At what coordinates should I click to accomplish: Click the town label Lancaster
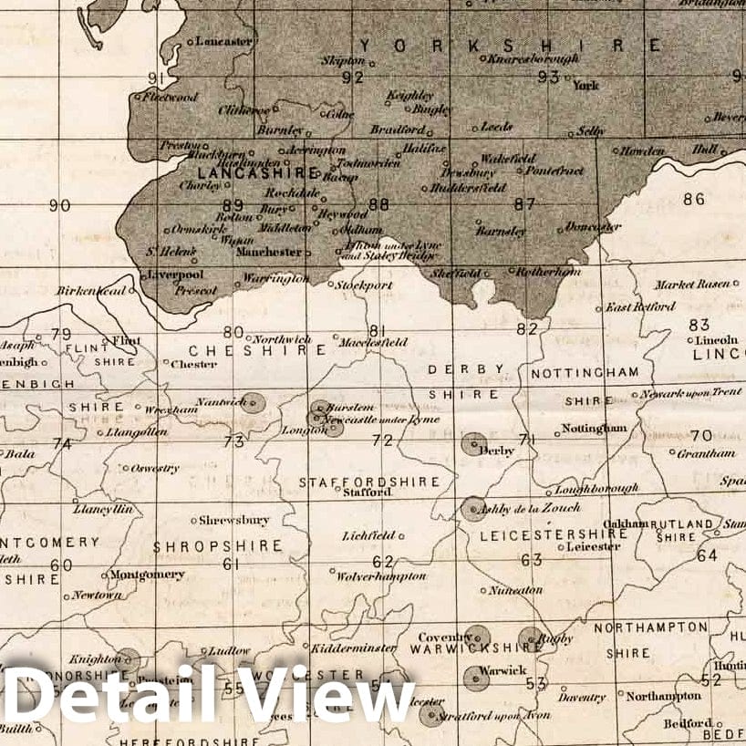[x=223, y=42]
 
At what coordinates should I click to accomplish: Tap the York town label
[x=585, y=85]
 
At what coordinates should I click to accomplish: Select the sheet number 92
[x=352, y=78]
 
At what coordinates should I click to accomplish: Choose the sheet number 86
[x=694, y=199]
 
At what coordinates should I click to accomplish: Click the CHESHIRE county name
[x=257, y=350]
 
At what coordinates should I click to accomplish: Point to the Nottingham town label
[x=594, y=428]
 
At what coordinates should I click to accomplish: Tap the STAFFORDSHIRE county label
[x=369, y=482]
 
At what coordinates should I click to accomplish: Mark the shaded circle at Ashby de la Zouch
[x=472, y=508]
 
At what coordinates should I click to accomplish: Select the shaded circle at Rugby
[x=531, y=639]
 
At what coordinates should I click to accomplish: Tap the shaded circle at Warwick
[x=474, y=676]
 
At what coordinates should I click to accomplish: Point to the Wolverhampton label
[x=381, y=576]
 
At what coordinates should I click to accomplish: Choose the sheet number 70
[x=701, y=436]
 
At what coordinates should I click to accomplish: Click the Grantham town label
[x=708, y=453]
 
